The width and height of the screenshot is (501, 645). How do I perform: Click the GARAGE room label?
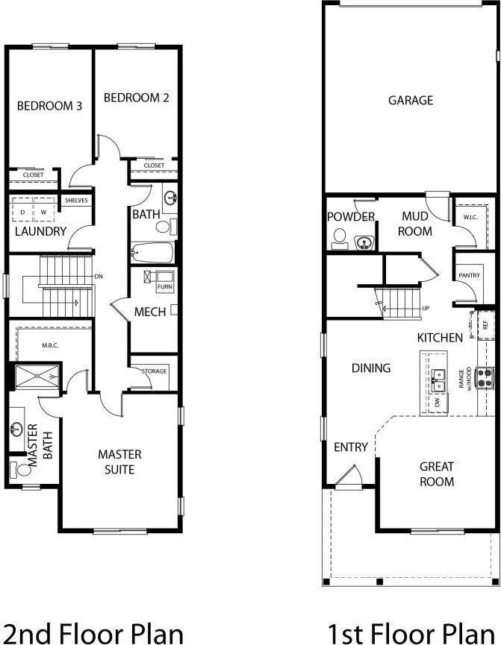click(410, 100)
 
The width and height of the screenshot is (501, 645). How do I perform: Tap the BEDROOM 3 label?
click(49, 106)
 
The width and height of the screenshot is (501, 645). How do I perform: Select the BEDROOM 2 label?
click(136, 98)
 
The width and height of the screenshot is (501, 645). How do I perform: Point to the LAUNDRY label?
click(40, 232)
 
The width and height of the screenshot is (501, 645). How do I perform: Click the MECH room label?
click(149, 312)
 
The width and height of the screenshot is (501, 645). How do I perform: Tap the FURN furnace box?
click(164, 286)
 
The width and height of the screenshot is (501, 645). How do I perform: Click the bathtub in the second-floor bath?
click(152, 253)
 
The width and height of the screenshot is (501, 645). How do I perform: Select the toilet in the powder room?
click(340, 238)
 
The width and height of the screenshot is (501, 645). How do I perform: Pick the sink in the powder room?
click(365, 242)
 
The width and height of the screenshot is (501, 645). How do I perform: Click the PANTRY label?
click(469, 276)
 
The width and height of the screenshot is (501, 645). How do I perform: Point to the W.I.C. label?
click(470, 218)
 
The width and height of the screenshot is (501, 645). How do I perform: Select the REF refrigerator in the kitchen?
click(485, 325)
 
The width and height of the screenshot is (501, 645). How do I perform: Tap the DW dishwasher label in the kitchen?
click(436, 402)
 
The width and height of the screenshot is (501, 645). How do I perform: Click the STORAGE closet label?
click(154, 370)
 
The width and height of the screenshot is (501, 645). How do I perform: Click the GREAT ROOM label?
click(437, 474)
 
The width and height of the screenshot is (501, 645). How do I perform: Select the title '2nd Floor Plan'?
click(93, 633)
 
